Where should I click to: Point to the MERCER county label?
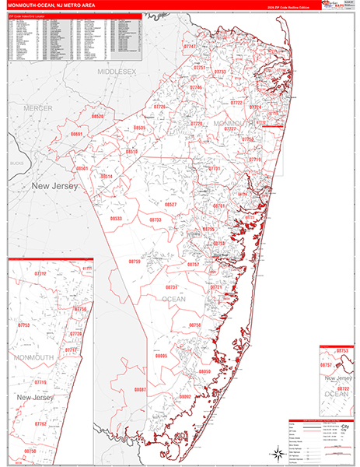coord(37,107)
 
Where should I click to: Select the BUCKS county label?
coord(17,163)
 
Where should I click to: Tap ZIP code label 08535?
coord(139,128)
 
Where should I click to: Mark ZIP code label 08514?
coord(107,177)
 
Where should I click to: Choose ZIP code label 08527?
coord(170,204)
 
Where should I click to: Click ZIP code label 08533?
coord(116,219)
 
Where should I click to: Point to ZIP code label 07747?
coord(190,47)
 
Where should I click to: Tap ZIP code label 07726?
coord(160,106)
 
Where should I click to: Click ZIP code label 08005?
coord(161,355)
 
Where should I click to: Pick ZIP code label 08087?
coord(140,388)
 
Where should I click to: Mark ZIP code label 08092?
coord(185,396)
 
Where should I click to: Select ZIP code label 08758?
coord(195,325)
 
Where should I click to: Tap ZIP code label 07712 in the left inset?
coord(41,274)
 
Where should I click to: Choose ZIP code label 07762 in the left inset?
coord(40,424)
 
